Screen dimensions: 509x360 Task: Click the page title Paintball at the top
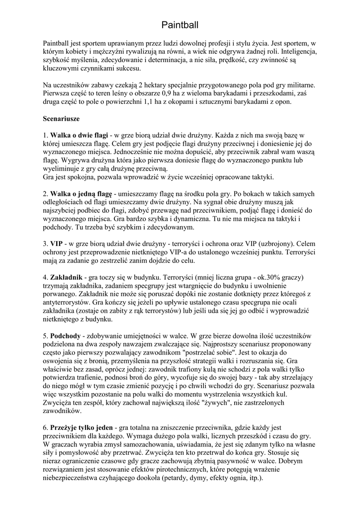click(180, 24)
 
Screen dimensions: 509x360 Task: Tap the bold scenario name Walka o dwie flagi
click(79, 135)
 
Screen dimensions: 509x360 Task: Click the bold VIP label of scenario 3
click(56, 244)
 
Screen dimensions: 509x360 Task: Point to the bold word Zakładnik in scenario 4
click(66, 277)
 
